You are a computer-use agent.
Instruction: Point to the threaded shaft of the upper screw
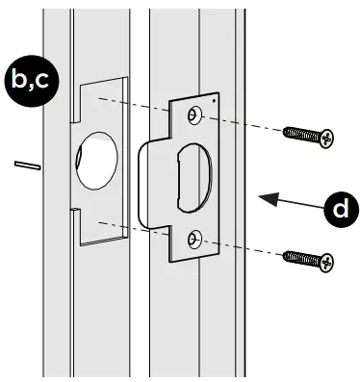coord(304,133)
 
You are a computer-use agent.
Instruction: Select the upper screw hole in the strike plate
coord(196,116)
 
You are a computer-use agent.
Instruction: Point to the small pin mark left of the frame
coord(25,165)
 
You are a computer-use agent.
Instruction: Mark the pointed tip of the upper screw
coord(285,129)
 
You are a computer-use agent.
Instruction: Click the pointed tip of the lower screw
coord(285,252)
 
